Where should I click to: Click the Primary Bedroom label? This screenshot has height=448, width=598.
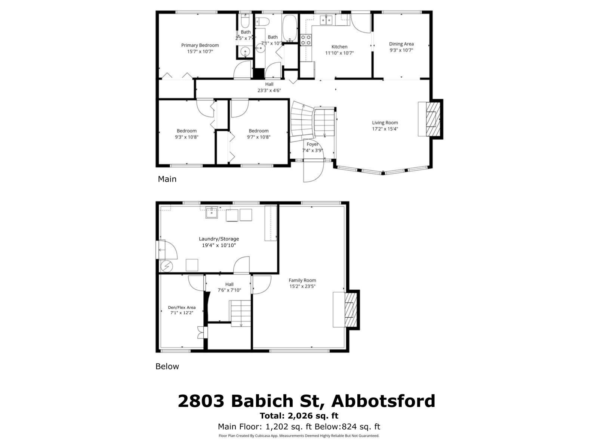coord(200,45)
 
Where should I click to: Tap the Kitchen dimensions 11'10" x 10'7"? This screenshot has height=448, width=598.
coord(339,53)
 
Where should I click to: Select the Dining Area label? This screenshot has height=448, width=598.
coord(401,44)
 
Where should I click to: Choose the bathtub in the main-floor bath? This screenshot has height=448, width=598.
coord(289,28)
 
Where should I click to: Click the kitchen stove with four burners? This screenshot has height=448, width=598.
coord(306,40)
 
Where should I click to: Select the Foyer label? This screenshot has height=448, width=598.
coord(312,144)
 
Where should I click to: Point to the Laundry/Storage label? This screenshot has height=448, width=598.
coord(219,239)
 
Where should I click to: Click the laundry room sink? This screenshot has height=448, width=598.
coord(212,213)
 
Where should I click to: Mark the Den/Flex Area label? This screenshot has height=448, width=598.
coord(182,308)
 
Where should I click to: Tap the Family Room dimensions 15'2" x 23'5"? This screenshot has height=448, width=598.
coord(302,287)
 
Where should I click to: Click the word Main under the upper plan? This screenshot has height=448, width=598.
coord(167,179)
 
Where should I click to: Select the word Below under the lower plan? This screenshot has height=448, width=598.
coord(167,367)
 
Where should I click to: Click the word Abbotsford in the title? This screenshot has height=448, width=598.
coord(383,401)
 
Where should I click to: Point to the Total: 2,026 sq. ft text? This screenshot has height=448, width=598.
coord(299,416)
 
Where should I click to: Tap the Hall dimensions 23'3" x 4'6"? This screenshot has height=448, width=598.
coord(269,90)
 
